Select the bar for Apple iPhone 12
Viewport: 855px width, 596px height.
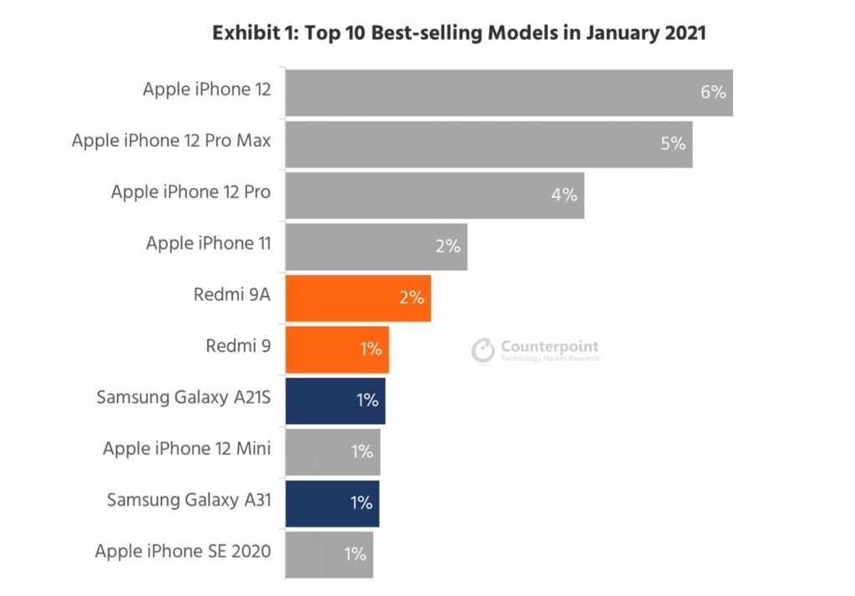coord(508,92)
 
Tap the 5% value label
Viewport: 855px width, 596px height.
coord(673,144)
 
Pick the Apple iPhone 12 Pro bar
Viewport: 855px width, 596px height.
coord(434,195)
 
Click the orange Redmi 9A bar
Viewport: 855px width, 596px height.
coord(357,298)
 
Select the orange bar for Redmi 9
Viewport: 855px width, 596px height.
coord(336,349)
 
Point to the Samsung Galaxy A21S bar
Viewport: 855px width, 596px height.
coord(335,400)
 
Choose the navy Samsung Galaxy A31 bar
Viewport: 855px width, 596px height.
coord(331,503)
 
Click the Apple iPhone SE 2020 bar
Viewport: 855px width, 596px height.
coord(329,554)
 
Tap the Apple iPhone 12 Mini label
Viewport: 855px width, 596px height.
coord(187,450)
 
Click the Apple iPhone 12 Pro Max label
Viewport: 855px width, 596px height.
coord(171,140)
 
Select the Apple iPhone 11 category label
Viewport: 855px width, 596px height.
coord(208,243)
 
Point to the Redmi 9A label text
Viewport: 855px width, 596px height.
coord(231,295)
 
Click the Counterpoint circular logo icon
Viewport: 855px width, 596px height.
coord(483,350)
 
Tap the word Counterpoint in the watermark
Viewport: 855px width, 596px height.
coord(549,346)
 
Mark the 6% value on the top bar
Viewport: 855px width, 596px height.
coord(712,92)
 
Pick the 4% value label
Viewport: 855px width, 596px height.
coord(564,195)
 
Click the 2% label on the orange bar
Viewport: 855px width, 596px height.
coord(412,298)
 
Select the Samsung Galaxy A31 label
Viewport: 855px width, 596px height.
coord(189,501)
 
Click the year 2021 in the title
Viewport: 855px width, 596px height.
coord(681,33)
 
